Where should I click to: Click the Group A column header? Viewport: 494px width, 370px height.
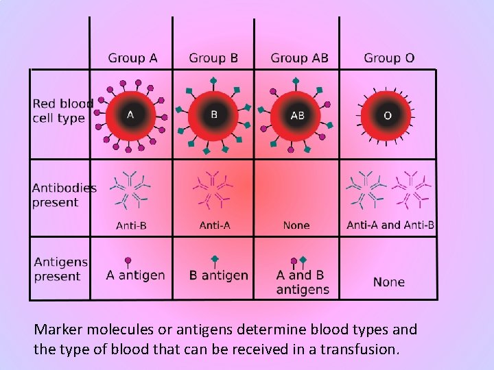pyautogui.click(x=132, y=58)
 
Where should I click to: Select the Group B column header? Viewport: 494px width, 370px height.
pyautogui.click(x=213, y=58)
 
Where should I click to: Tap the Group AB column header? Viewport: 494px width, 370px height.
pyautogui.click(x=299, y=58)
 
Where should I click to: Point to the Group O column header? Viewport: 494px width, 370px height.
pyautogui.click(x=389, y=58)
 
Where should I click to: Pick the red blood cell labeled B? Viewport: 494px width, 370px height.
pyautogui.click(x=213, y=114)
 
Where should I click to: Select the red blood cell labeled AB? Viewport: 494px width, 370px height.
pyautogui.click(x=297, y=115)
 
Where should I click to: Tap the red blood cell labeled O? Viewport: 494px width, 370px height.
pyautogui.click(x=388, y=115)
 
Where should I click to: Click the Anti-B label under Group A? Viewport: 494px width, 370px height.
pyautogui.click(x=131, y=225)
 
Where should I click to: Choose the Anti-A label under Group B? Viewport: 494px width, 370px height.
pyautogui.click(x=215, y=225)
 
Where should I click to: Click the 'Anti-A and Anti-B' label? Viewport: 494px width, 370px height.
pyautogui.click(x=390, y=225)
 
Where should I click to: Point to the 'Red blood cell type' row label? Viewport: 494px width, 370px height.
pyautogui.click(x=62, y=111)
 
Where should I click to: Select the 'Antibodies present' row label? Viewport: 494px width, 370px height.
pyautogui.click(x=64, y=195)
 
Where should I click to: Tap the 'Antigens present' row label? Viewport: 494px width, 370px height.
pyautogui.click(x=61, y=269)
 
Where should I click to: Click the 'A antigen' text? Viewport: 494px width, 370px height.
pyautogui.click(x=136, y=275)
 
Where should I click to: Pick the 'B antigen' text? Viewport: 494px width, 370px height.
pyautogui.click(x=219, y=275)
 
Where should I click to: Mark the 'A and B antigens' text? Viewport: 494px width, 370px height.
pyautogui.click(x=303, y=282)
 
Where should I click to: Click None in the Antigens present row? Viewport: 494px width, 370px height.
pyautogui.click(x=389, y=282)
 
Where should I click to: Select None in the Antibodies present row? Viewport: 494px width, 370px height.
pyautogui.click(x=296, y=225)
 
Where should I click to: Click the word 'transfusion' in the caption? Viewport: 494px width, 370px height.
pyautogui.click(x=357, y=349)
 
